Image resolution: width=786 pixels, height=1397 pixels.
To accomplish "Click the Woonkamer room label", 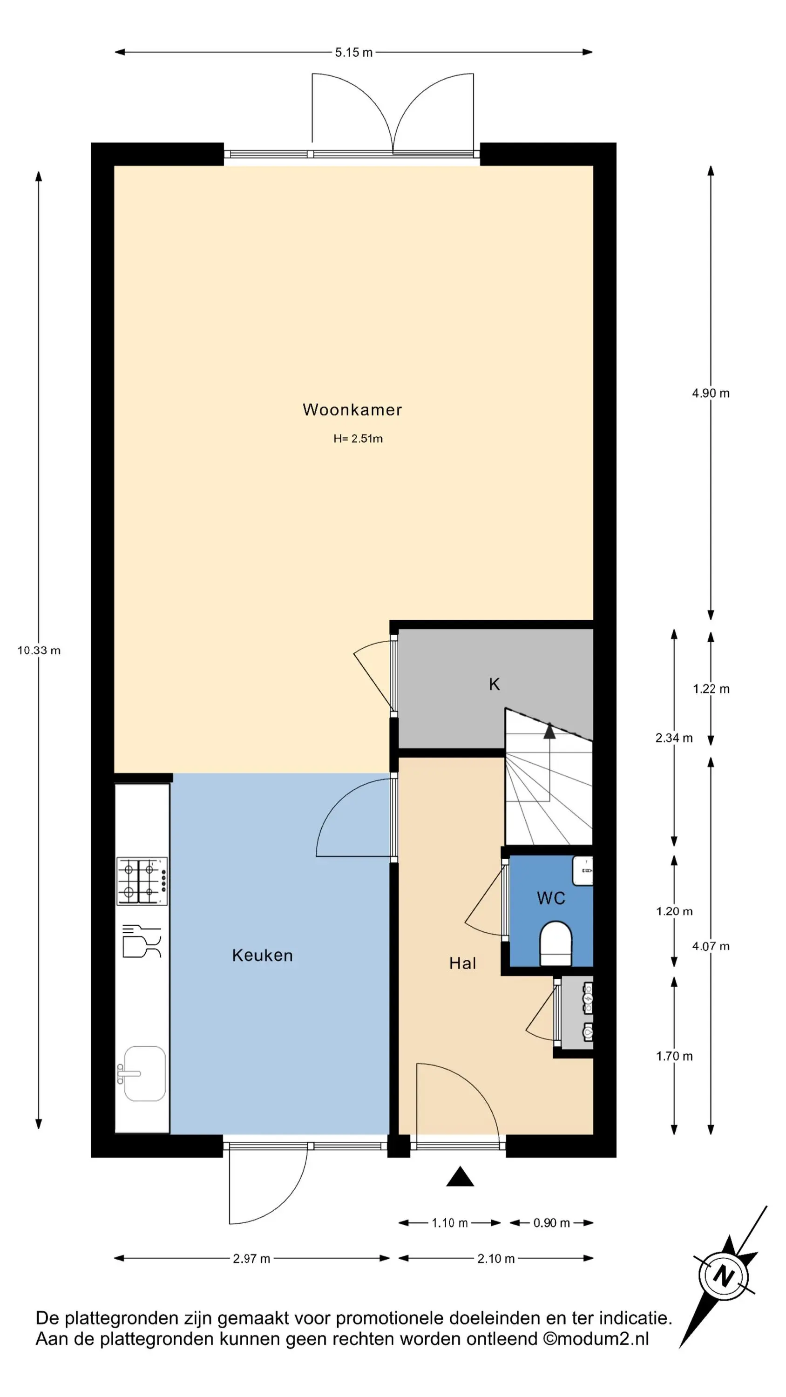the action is (x=352, y=409).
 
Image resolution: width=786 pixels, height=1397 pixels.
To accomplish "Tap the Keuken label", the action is (x=263, y=955).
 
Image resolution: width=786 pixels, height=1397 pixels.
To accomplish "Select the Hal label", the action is (x=463, y=963).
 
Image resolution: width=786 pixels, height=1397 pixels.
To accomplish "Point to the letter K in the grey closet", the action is (x=494, y=685).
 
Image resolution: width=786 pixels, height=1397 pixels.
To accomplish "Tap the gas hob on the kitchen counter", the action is (x=142, y=881).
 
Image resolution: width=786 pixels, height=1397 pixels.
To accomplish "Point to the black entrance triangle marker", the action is (x=460, y=1177).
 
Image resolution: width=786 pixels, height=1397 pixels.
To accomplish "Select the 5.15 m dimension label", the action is (x=354, y=53).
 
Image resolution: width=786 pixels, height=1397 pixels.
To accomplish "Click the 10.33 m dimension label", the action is (x=39, y=650).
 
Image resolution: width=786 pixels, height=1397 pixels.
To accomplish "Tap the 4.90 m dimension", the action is (x=711, y=393).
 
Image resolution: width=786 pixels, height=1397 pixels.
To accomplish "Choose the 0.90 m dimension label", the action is (x=552, y=1223).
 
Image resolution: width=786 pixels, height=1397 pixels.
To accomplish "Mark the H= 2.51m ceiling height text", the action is (x=358, y=439).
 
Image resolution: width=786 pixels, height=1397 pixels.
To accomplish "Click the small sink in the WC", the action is (x=583, y=870).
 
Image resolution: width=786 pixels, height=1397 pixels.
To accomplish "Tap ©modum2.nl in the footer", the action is (x=596, y=1339).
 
